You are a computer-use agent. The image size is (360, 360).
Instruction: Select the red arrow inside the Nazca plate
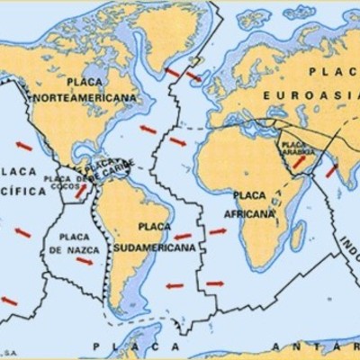[x=84, y=261]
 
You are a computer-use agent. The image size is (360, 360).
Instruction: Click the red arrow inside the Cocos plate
[x=80, y=191]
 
